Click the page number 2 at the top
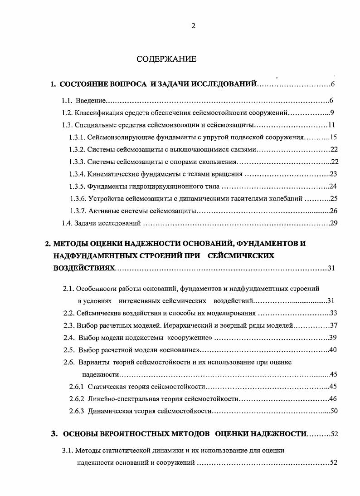tap(193, 26)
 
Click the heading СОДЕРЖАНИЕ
tap(166, 59)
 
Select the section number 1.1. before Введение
tap(68, 100)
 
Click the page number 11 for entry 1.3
tap(331, 125)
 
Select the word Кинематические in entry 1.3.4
tap(110, 174)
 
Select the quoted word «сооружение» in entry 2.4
tap(190, 338)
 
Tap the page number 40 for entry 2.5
tap(334, 350)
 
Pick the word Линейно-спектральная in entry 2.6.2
tap(122, 399)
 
